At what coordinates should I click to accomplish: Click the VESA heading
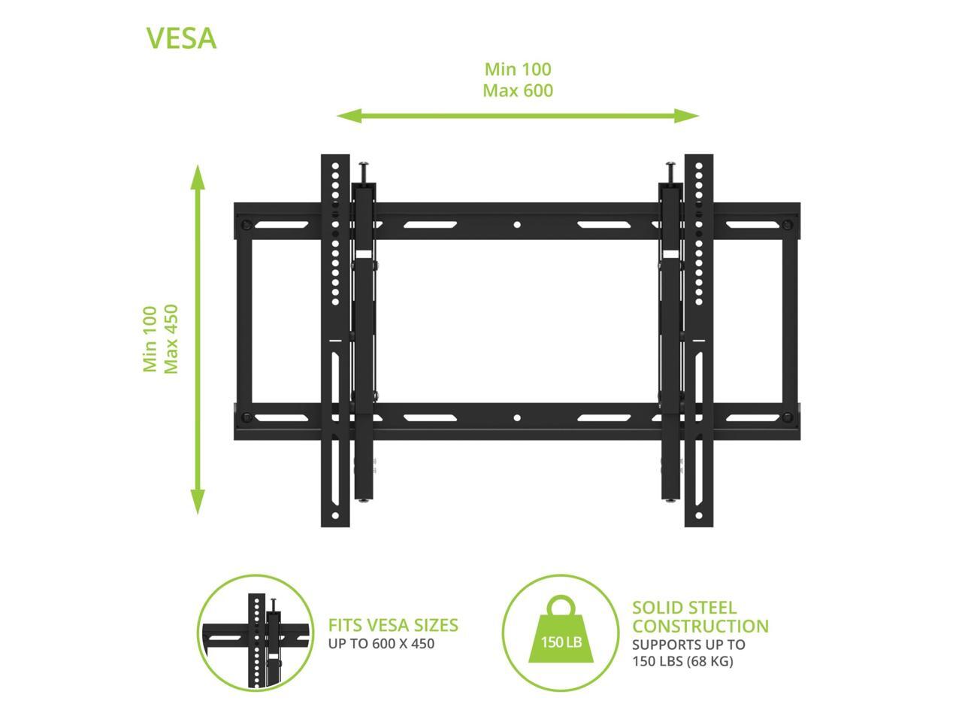[181, 38]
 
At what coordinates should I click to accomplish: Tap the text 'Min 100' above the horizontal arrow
[518, 69]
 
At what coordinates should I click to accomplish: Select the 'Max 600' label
[518, 91]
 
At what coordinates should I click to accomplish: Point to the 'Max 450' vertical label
[171, 338]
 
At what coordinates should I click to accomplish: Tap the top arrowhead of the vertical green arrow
[198, 175]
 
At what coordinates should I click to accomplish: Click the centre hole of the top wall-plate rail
[517, 224]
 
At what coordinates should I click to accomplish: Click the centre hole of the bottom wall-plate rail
[517, 417]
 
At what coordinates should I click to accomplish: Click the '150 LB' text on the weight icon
[561, 643]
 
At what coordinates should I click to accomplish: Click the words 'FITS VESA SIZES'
[393, 625]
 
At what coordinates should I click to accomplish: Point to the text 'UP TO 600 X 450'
[381, 644]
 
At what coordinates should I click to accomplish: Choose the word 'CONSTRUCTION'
[700, 626]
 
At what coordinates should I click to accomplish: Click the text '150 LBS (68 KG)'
[682, 662]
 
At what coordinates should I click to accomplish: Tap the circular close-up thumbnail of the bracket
[256, 633]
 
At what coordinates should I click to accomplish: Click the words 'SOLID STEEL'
[674, 608]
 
